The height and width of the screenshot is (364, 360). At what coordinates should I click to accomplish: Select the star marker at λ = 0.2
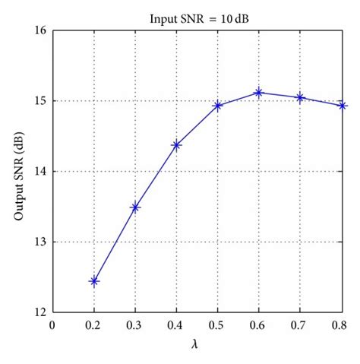pos(94,281)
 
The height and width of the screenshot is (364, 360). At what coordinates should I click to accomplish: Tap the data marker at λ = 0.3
pos(135,207)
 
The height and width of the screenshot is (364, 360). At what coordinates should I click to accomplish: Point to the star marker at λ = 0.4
pos(176,145)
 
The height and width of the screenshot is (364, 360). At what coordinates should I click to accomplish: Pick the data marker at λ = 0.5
pos(218,106)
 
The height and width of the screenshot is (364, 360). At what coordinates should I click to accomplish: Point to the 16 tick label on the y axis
pos(39,30)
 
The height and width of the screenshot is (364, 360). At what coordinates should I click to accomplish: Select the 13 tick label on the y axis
pos(39,242)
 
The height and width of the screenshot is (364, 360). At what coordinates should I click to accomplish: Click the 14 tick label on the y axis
pos(39,172)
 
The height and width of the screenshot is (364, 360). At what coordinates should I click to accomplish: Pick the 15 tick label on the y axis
pos(39,101)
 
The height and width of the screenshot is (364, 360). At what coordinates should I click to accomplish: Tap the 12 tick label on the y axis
pos(39,312)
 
